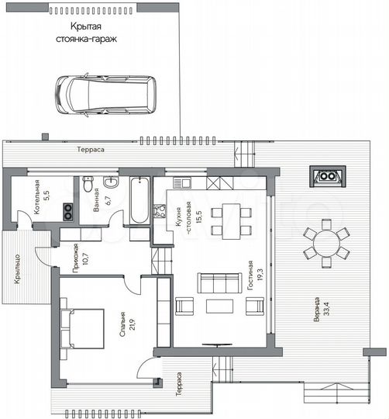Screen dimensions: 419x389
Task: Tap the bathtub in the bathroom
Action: [x=139, y=201]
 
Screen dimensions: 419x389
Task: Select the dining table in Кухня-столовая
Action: [x=229, y=212]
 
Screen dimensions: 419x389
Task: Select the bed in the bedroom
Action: [x=84, y=326]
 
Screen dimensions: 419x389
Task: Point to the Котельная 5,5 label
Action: [x=41, y=191]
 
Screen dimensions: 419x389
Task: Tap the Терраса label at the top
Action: [x=91, y=148]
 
